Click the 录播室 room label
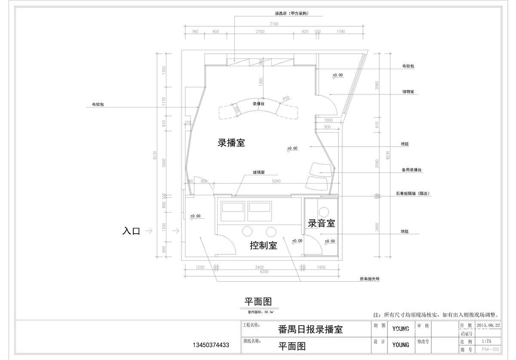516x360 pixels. coord(231,143)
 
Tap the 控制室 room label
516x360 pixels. coord(264,246)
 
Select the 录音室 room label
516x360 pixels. coord(321,223)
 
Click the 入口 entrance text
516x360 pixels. coord(131,231)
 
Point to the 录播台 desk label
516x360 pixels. coord(258,104)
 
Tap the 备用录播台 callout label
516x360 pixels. coord(412,170)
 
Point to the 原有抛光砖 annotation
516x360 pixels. coord(369,279)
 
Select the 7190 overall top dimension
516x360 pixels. coord(274,24)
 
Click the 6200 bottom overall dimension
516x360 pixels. coord(264,272)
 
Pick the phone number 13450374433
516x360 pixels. coord(211,345)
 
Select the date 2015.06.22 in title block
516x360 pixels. coord(488,326)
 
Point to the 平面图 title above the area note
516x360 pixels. coord(258,302)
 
